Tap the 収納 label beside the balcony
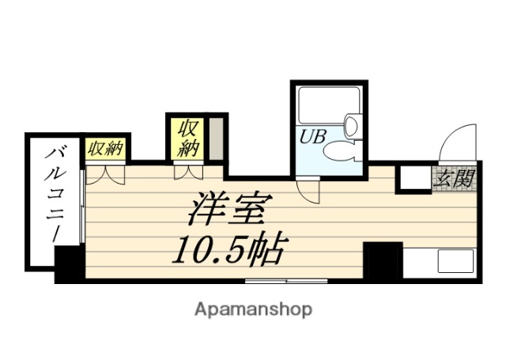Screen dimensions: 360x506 pyautogui.click(x=105, y=148)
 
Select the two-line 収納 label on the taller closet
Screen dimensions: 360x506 pyautogui.click(x=187, y=137)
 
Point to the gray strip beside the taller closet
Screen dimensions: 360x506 pyautogui.click(x=217, y=138)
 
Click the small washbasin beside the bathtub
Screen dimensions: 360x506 pyautogui.click(x=352, y=123)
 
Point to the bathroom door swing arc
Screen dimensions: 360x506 pyautogui.click(x=307, y=185)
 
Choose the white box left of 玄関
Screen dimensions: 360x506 pyautogui.click(x=413, y=179)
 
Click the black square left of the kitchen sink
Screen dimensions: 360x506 pyautogui.click(x=383, y=260)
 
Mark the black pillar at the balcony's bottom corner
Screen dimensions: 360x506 pyautogui.click(x=70, y=263)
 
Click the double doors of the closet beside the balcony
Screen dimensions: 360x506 pyautogui.click(x=105, y=172)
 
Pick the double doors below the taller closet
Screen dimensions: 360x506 pyautogui.click(x=187, y=171)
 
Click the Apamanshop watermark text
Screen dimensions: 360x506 pyautogui.click(x=254, y=309)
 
